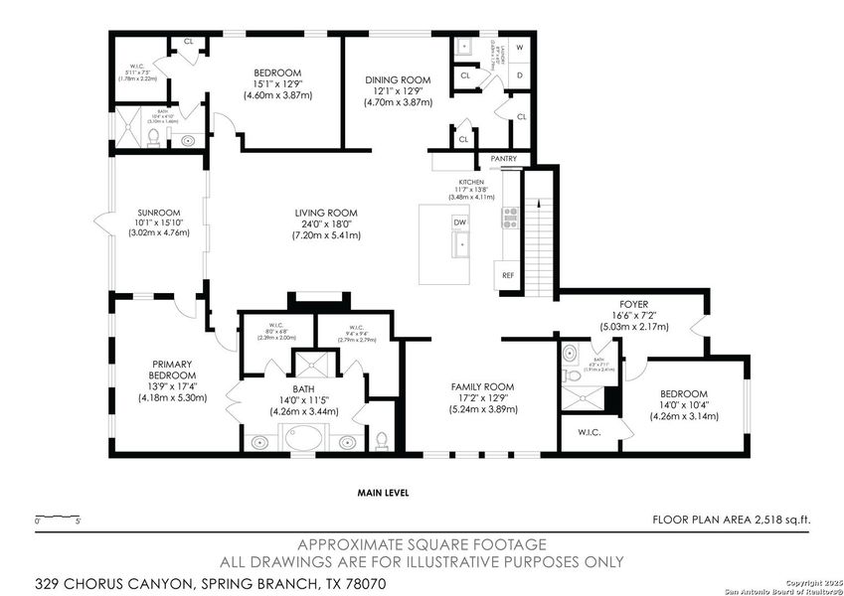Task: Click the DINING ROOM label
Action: (x=396, y=79)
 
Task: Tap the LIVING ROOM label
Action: (x=325, y=213)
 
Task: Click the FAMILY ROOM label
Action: (x=481, y=386)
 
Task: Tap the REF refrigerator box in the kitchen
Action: (x=508, y=275)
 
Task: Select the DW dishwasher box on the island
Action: (x=460, y=223)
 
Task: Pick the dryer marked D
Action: (x=520, y=74)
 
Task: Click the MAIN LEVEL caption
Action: (x=383, y=493)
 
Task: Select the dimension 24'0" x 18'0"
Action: (x=325, y=224)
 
